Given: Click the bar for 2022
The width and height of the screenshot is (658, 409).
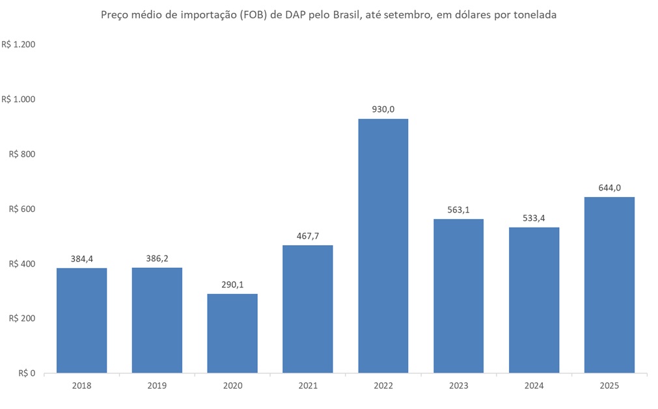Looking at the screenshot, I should pos(383,246).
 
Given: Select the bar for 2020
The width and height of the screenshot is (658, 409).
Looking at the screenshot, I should pos(232,334).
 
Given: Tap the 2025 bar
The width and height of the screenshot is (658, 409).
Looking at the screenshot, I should pos(609,285).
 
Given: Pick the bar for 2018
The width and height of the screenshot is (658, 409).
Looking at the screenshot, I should pos(81,321).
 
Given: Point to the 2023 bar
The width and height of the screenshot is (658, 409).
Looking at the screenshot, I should pos(458,296).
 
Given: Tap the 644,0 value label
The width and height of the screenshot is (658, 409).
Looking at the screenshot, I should pos(609,188).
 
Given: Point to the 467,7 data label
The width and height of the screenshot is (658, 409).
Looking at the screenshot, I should pos(308,236).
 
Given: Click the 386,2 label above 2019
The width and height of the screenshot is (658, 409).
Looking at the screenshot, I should pos(157,258).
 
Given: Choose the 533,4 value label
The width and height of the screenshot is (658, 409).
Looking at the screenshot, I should pos(534,218).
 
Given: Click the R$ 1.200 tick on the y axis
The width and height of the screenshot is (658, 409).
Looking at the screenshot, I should pos(18,45).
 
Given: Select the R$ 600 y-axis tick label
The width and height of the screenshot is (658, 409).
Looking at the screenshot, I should pos(22,209).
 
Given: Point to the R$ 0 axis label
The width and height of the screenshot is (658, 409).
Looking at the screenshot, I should pos(27,374).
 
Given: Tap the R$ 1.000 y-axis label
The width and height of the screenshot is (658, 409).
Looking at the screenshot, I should pos(18,99).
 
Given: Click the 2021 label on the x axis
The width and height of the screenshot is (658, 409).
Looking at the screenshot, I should pos(308,386).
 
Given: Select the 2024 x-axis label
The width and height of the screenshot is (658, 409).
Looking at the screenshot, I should pos(534,386).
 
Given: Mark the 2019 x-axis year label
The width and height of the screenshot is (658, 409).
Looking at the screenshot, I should pos(157,386).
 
